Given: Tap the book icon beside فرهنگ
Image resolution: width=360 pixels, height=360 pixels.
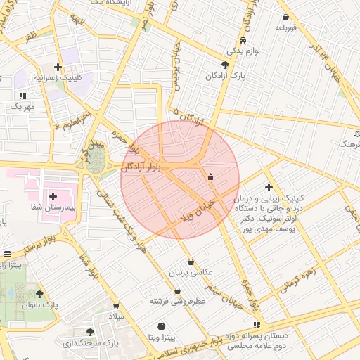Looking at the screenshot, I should pos(356,132).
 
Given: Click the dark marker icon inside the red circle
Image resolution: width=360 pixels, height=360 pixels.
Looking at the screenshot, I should pos(210,177).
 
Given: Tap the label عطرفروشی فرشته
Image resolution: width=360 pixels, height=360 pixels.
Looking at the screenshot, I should pos(176,301).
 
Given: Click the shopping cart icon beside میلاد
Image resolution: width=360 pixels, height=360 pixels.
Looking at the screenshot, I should pos(116,306).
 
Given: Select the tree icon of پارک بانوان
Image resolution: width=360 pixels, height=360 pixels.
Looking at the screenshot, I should pos(39,295).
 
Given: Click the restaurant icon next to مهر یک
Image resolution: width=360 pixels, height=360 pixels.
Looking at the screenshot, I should pos(22,95).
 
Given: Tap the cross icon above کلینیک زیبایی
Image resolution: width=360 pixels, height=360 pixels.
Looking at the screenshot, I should pos(268,187).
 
